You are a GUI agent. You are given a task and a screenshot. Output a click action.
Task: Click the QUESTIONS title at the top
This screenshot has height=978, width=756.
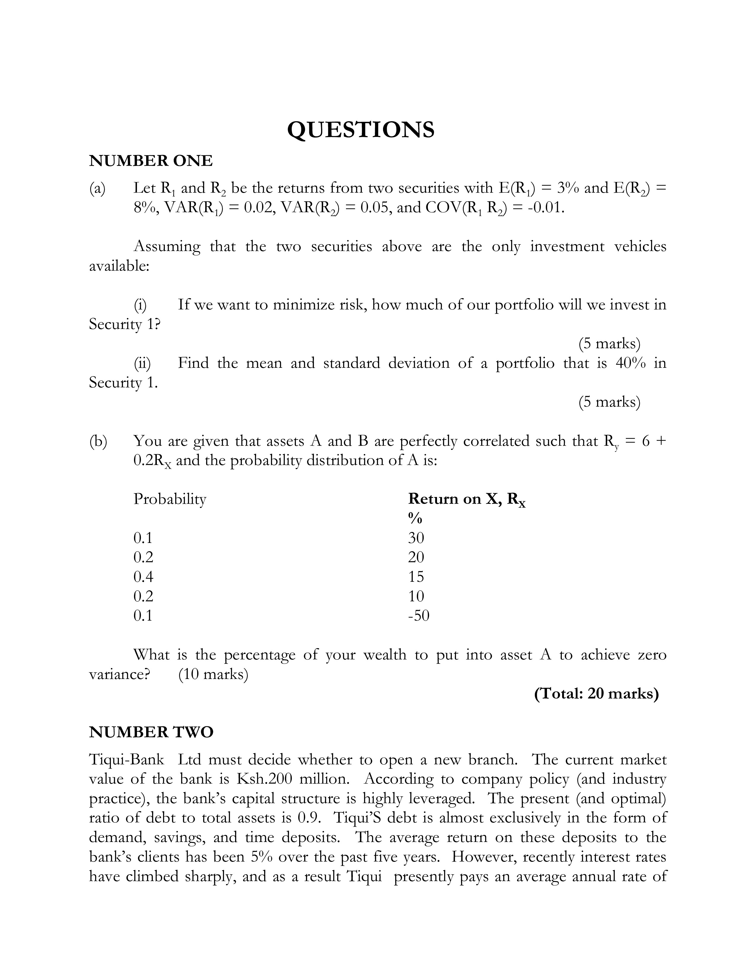coord(361,130)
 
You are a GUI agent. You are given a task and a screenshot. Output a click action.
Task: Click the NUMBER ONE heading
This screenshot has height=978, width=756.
coord(151,160)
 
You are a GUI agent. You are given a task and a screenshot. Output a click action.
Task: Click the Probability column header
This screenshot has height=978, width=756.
coord(170,499)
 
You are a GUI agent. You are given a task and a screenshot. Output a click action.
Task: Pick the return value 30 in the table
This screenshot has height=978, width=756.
coord(416,538)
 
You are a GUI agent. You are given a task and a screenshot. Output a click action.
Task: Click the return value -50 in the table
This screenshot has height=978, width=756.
coord(418,616)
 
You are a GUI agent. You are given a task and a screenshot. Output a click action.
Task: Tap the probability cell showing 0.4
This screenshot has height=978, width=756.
coord(143,577)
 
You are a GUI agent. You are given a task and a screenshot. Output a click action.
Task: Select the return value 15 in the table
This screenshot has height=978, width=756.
coord(416,577)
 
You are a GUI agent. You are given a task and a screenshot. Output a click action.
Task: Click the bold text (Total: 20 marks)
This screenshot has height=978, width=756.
coord(596,694)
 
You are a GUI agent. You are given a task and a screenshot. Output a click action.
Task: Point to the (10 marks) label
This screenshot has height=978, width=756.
coord(213,674)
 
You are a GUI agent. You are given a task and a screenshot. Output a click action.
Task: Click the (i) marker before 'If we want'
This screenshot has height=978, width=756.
coord(140,305)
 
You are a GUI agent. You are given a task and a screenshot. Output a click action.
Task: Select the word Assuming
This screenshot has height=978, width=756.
coord(167,247)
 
